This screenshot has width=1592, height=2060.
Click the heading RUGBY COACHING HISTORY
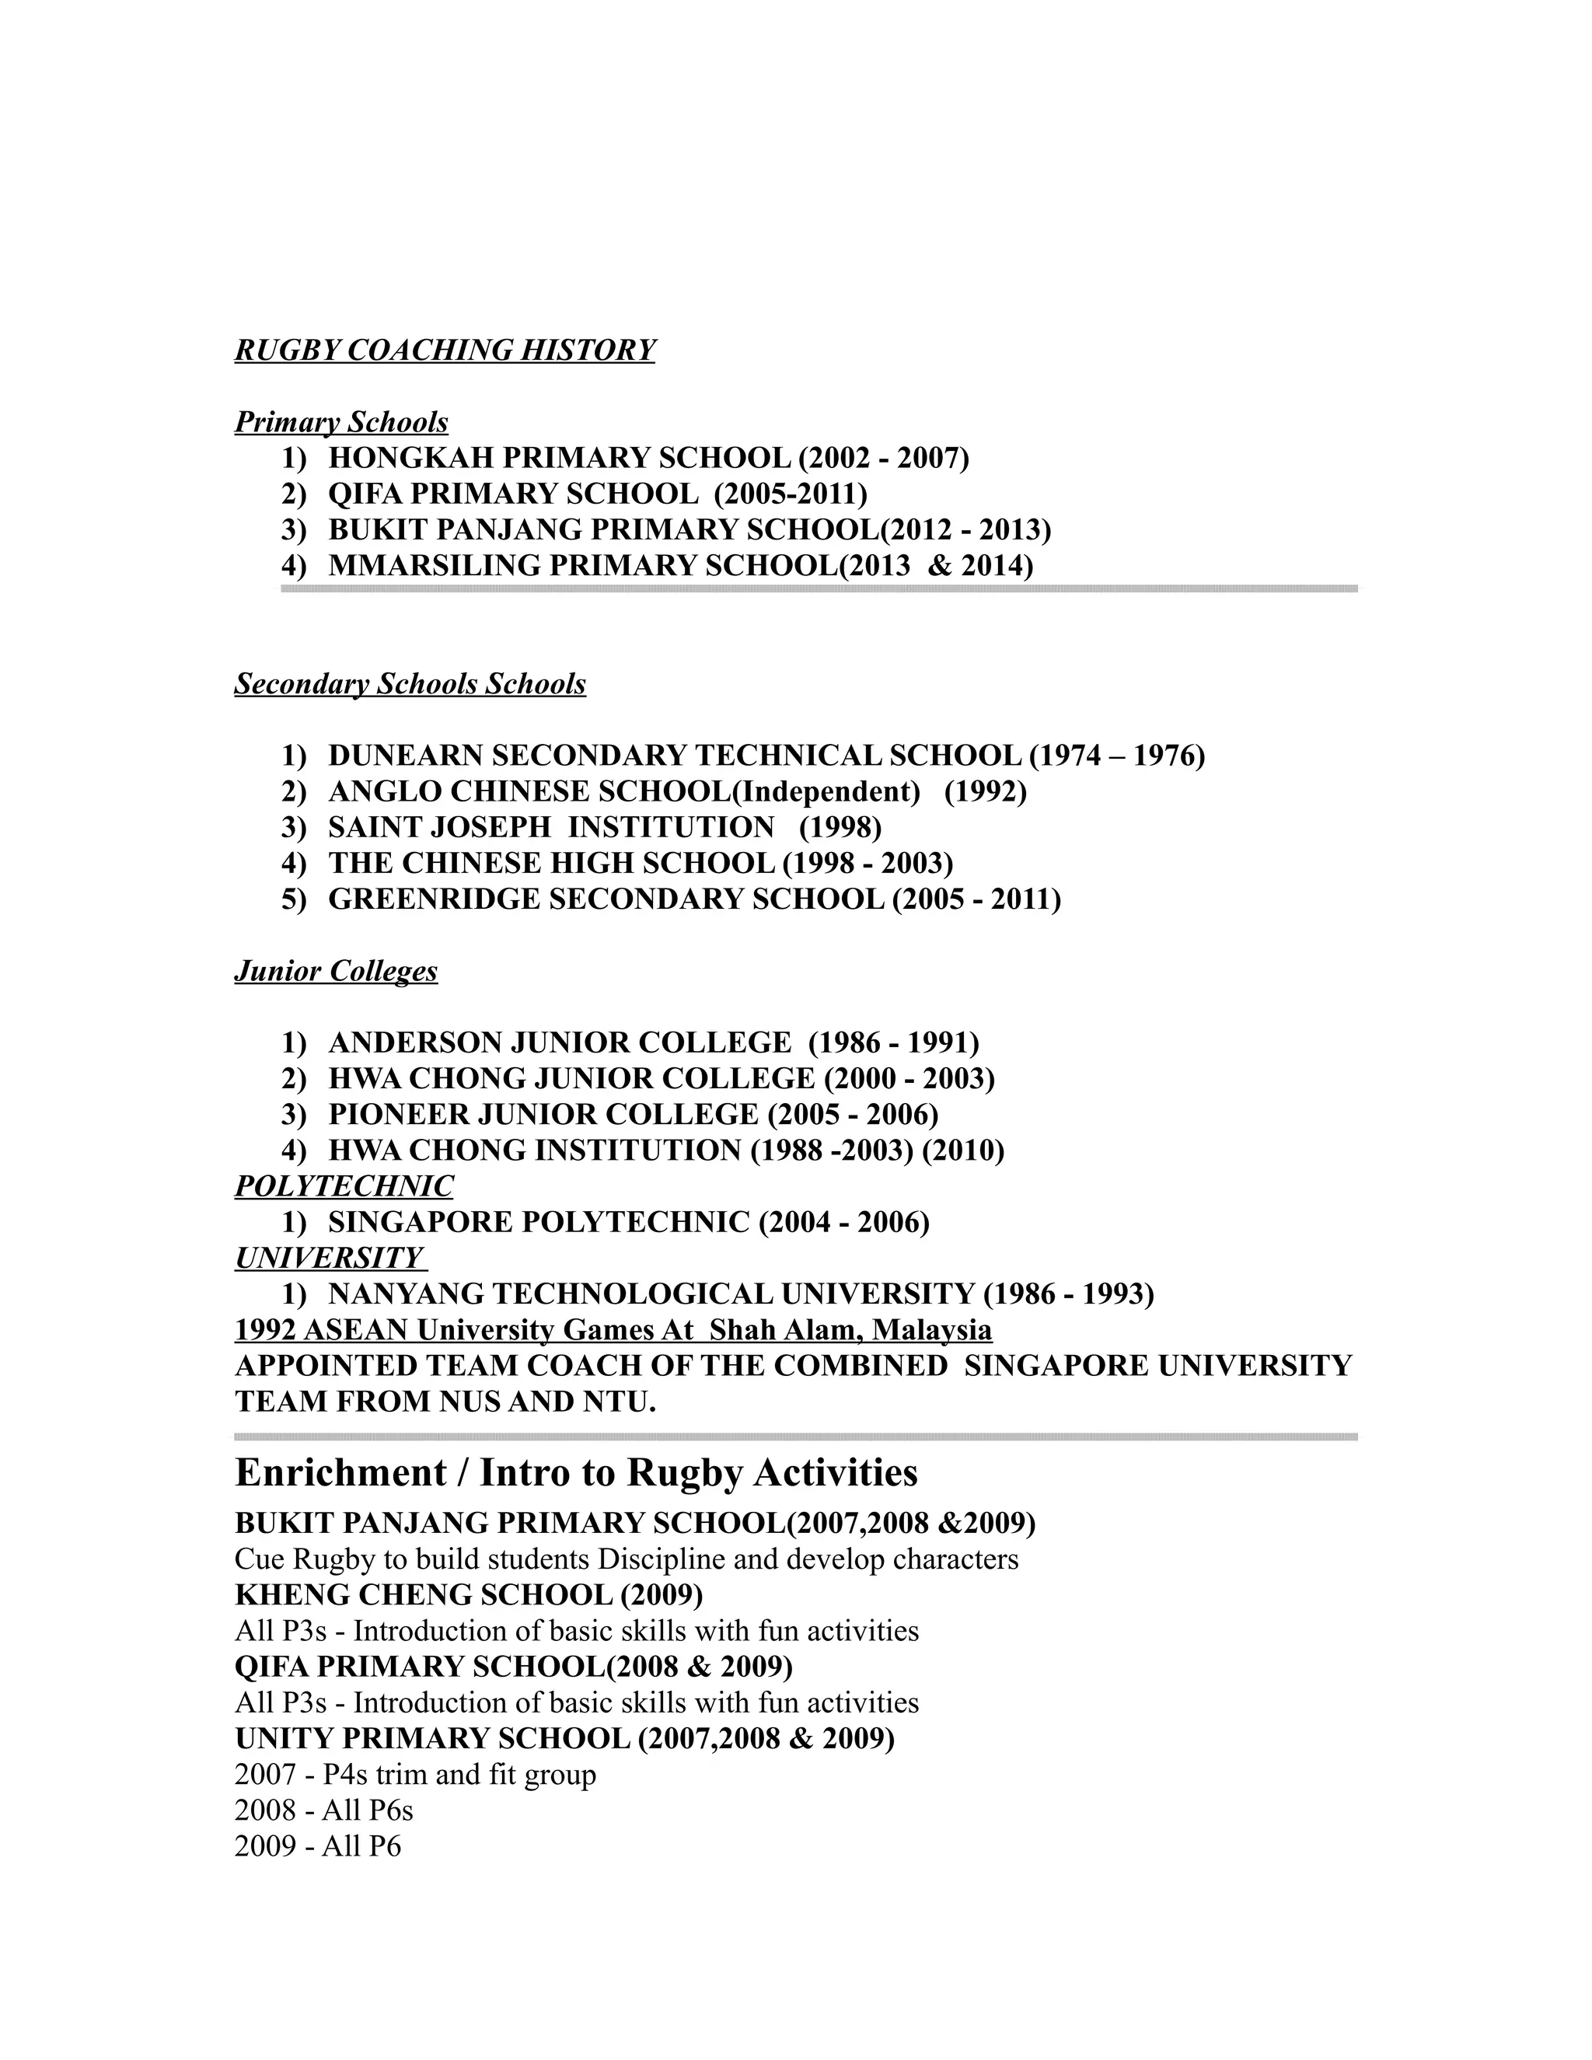pos(444,351)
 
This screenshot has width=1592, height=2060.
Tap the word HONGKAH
pos(411,459)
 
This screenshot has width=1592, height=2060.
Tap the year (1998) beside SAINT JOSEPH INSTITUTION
pos(840,827)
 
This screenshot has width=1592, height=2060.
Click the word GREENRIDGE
pos(435,899)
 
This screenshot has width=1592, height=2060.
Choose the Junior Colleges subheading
pos(336,972)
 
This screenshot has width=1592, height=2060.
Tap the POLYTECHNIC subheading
pos(344,1186)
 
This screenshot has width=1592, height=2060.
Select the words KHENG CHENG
pos(345,1595)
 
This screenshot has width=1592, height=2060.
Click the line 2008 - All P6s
pos(323,1810)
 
